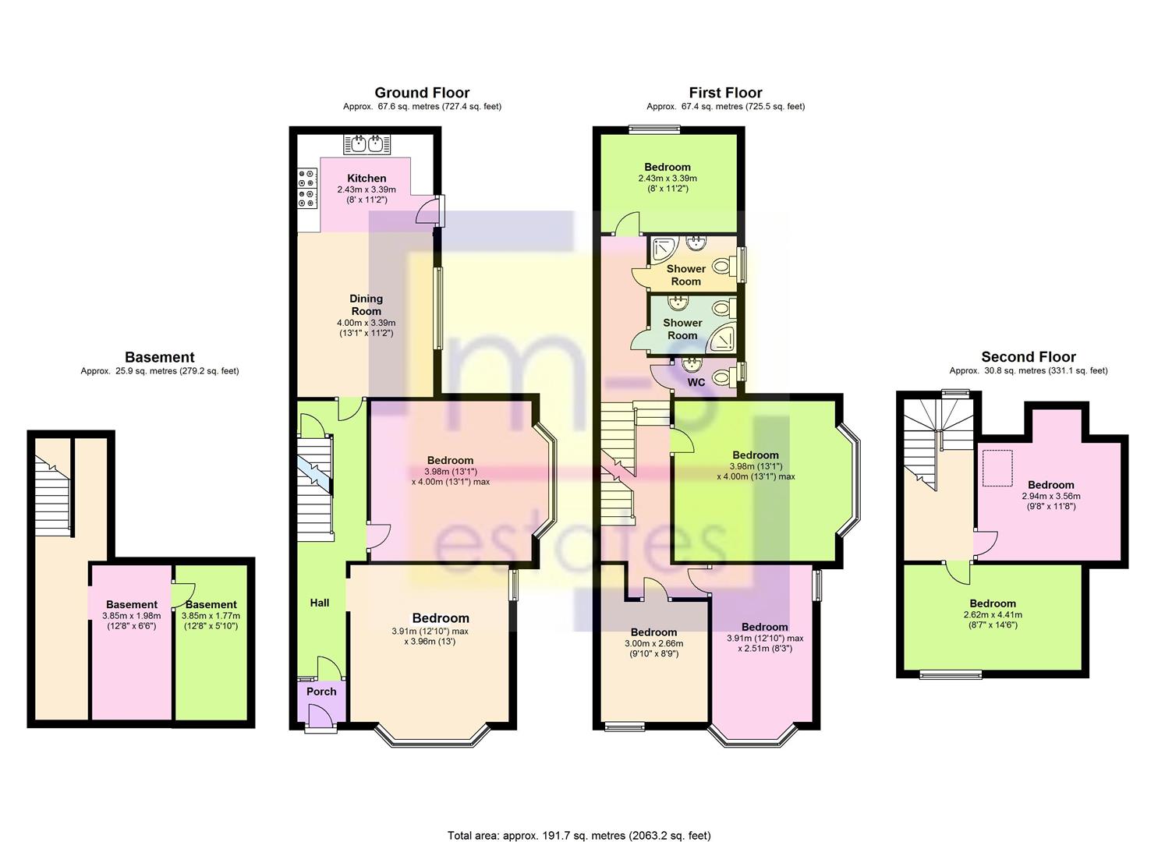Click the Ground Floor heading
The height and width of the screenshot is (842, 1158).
point(422,93)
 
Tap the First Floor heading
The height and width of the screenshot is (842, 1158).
point(725,93)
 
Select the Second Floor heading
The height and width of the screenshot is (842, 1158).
point(1028,357)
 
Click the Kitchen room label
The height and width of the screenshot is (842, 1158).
point(367,179)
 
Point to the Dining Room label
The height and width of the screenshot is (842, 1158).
point(366,305)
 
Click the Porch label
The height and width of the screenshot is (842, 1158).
point(321,692)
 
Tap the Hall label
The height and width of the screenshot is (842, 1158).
point(320,603)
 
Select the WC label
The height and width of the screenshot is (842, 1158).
point(696,383)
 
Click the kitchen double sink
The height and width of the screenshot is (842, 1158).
point(367,143)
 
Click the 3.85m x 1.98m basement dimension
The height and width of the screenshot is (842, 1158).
point(131,615)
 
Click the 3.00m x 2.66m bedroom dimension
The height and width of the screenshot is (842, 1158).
point(653,644)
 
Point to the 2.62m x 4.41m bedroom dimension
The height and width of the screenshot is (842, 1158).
point(993,614)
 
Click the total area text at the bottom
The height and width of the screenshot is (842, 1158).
point(579,836)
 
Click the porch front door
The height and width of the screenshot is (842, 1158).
point(320,717)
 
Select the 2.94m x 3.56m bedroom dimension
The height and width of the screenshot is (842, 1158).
point(1050,496)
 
